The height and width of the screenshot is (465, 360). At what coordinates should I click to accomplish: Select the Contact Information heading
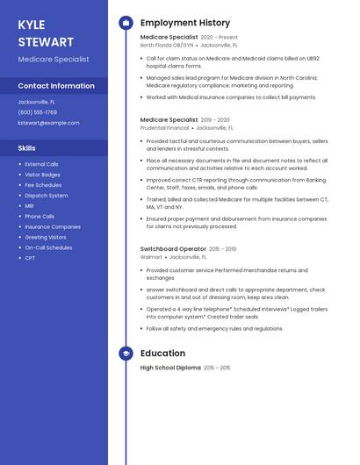tap(56, 86)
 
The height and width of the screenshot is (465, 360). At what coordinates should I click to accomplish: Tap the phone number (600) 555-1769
tap(38, 112)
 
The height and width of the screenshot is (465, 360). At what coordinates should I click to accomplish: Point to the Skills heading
tap(27, 148)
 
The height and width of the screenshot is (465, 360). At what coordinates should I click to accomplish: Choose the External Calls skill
tap(41, 164)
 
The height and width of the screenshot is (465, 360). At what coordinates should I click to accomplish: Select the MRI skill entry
tap(30, 205)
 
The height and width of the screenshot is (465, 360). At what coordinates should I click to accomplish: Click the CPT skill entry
tap(30, 258)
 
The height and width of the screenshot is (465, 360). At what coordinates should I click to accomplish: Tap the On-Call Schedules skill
tap(48, 247)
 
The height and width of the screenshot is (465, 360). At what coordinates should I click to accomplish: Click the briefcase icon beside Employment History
tap(126, 23)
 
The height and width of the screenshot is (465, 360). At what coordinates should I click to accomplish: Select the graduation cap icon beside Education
tap(126, 354)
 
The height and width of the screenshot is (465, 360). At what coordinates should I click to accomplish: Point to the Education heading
tap(162, 354)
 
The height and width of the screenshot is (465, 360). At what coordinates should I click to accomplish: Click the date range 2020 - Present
tap(220, 38)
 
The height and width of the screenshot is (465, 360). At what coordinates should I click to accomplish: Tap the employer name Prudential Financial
tap(165, 127)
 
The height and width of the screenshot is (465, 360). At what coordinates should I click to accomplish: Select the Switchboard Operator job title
tap(174, 249)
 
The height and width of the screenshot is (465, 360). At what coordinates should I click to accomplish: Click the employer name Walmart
tap(151, 257)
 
